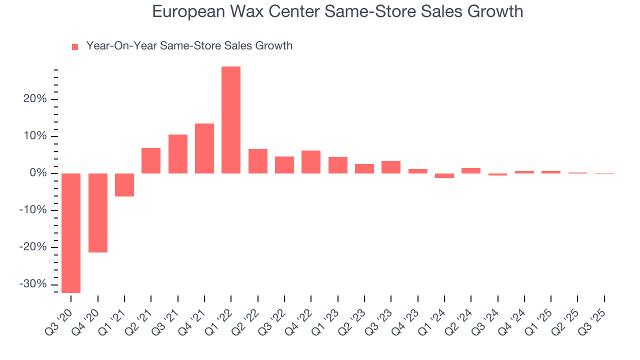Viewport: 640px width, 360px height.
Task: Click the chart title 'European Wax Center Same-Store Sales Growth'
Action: pos(337,11)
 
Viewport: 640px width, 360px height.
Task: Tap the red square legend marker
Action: pos(75,47)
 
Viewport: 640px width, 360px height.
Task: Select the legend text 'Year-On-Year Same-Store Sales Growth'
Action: pos(189,46)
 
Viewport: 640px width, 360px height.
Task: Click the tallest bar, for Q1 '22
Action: pos(231,120)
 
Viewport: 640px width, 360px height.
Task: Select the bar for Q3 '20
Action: pos(71,233)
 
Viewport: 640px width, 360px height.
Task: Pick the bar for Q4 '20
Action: pos(98,213)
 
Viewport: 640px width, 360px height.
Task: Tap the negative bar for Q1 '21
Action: pos(124,185)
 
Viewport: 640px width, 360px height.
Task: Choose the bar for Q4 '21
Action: pos(204,148)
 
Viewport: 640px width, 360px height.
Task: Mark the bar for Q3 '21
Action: pos(178,154)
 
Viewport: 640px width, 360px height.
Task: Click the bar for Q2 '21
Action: pos(151,160)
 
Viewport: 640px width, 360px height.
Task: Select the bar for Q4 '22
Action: pos(311,162)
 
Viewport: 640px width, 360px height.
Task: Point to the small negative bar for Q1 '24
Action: pos(444,175)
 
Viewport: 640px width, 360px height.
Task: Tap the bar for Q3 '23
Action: pos(391,167)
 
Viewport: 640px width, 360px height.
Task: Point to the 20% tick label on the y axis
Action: pos(35,99)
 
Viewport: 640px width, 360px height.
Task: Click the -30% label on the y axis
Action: pos(33,284)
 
